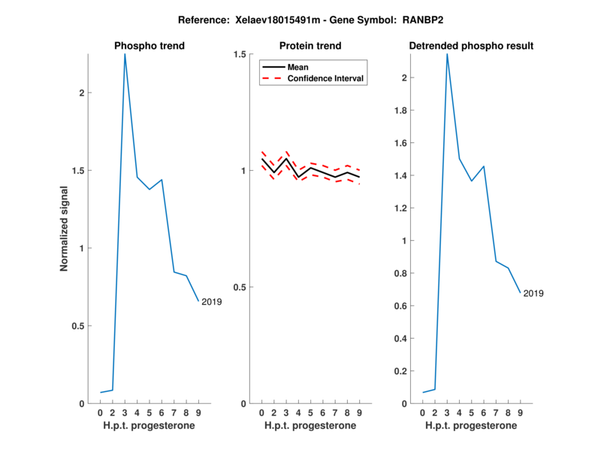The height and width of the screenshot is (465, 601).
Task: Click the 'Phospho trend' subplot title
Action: [149, 46]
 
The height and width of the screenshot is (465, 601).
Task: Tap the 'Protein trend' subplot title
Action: [310, 46]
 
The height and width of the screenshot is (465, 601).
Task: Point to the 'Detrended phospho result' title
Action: [471, 46]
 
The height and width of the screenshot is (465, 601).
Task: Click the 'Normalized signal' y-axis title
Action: [65, 229]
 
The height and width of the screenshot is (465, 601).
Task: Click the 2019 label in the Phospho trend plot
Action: [211, 302]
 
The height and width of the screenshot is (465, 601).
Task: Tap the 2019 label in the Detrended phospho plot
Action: [533, 293]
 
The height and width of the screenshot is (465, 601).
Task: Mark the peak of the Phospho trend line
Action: [125, 54]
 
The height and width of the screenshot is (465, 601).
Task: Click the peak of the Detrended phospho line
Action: [447, 54]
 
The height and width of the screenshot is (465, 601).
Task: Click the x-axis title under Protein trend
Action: [310, 426]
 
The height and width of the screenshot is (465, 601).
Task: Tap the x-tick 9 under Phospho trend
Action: [198, 413]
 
